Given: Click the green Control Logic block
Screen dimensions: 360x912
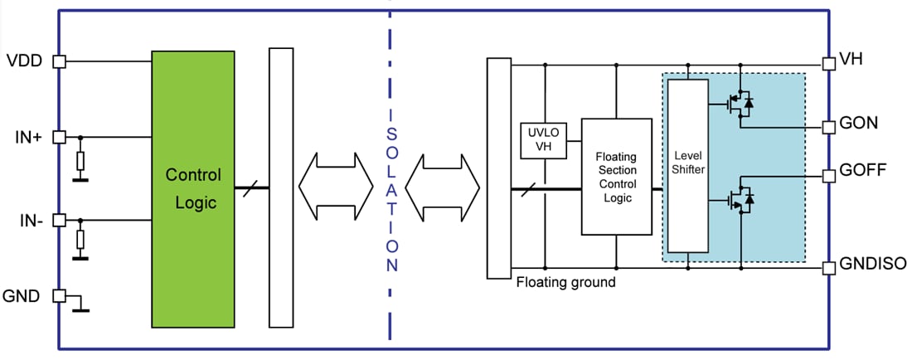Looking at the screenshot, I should [x=193, y=189].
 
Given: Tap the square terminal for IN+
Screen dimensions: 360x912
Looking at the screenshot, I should [x=59, y=138].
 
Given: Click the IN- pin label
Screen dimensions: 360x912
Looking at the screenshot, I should [x=26, y=221].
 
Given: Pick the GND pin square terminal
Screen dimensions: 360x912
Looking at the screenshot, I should [x=59, y=295].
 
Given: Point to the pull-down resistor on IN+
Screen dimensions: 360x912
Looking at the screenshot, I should [x=80, y=160].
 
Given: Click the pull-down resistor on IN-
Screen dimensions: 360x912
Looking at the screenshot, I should [x=80, y=241].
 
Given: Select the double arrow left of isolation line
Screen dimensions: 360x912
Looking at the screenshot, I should [x=336, y=189].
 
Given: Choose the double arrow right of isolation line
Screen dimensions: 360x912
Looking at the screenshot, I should [x=443, y=189].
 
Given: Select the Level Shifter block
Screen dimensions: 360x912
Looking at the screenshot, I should [x=687, y=166].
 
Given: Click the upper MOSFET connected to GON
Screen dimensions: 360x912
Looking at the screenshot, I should [x=737, y=105].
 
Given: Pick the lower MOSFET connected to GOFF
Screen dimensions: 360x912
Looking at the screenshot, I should [x=737, y=199].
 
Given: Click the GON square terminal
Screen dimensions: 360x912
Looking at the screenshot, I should [x=827, y=127].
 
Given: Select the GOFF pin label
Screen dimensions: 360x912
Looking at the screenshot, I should [x=863, y=172].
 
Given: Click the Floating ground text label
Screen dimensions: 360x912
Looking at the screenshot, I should [x=565, y=282].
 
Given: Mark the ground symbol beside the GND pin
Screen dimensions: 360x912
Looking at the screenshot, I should [x=80, y=308].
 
